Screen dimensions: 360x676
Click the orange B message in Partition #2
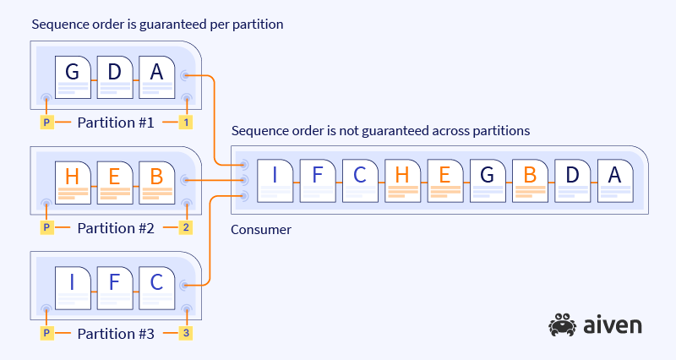pyautogui.click(x=156, y=182)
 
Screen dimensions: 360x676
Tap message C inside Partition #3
pyautogui.click(x=156, y=286)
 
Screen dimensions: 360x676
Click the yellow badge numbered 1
pyautogui.click(x=185, y=123)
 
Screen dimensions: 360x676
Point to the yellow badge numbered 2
pyautogui.click(x=185, y=228)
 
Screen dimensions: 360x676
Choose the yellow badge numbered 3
pyautogui.click(x=185, y=333)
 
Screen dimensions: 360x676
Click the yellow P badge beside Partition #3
pyautogui.click(x=47, y=333)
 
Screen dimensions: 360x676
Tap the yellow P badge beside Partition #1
pyautogui.click(x=47, y=123)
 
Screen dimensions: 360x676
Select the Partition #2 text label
pyautogui.click(x=116, y=228)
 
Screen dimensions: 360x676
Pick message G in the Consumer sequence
pyautogui.click(x=488, y=180)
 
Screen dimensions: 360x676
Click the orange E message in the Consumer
pyautogui.click(x=445, y=180)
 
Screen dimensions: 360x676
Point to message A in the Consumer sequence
pyautogui.click(x=614, y=180)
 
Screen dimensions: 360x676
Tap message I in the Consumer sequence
pyautogui.click(x=275, y=180)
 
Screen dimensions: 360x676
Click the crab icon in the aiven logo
pyautogui.click(x=562, y=325)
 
